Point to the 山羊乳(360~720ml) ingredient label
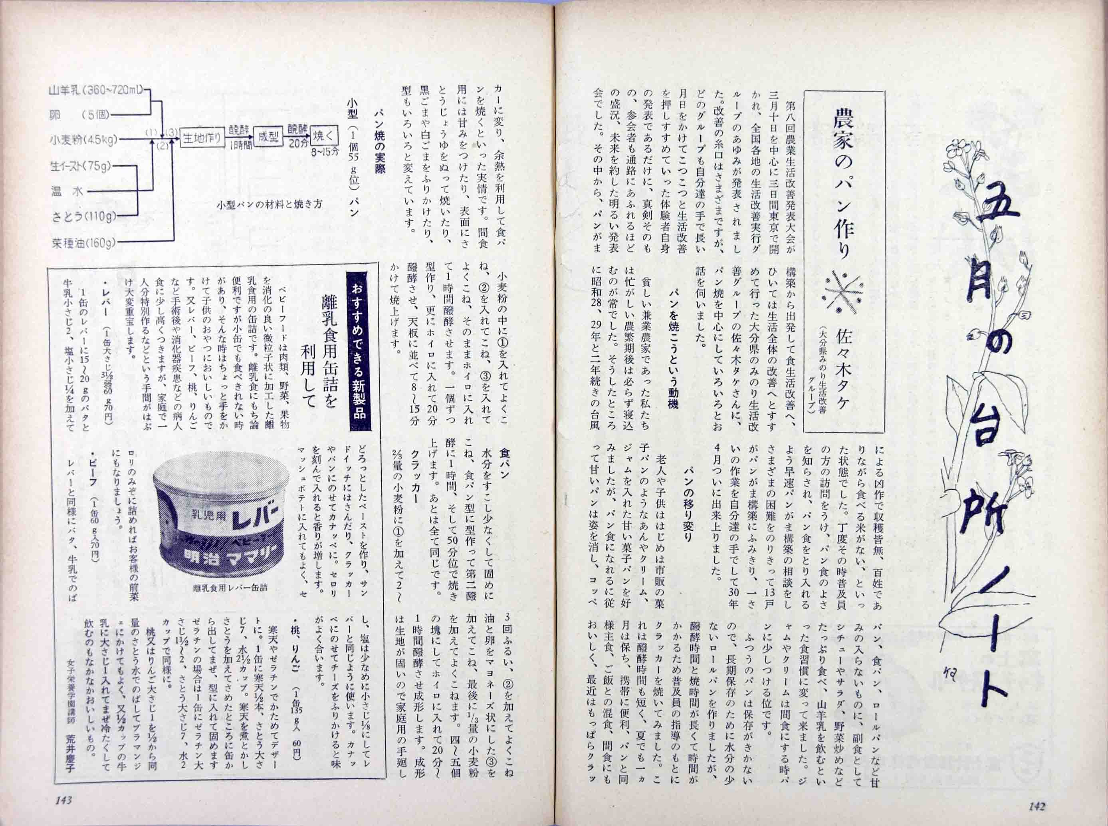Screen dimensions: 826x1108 tap(97, 91)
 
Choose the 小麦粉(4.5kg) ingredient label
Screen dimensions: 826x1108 tap(83, 140)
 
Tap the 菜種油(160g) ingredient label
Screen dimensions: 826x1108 tap(83, 244)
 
